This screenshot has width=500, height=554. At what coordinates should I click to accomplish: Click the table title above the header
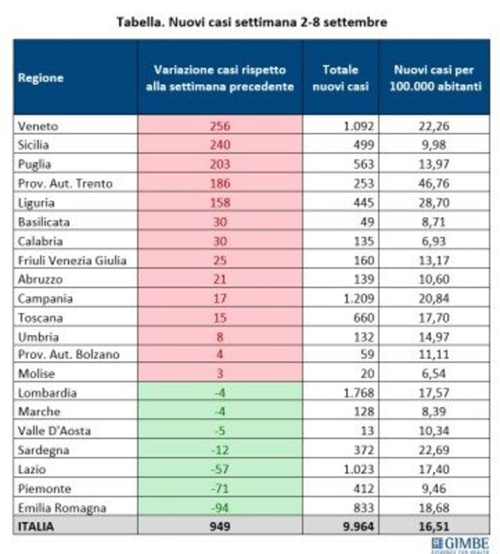coord(252,22)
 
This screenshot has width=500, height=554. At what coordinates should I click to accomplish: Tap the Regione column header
coord(40,78)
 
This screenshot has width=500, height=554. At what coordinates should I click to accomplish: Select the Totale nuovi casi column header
coord(340,78)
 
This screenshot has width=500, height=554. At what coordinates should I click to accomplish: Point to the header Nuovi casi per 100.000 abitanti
coord(435,78)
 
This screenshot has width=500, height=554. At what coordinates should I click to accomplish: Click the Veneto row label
coord(38,126)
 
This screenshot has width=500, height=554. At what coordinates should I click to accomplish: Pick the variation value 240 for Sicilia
coord(220,145)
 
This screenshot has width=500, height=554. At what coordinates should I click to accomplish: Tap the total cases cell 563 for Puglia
coord(364,164)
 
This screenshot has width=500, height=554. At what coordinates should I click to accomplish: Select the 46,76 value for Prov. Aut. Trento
coord(434,183)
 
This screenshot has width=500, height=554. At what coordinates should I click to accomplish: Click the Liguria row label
coord(36,203)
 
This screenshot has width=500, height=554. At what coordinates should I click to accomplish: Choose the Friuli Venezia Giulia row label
coord(72,261)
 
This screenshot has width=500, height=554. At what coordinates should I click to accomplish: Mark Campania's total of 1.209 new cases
coord(359,299)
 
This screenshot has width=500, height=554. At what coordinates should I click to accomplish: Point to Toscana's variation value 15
coord(220,317)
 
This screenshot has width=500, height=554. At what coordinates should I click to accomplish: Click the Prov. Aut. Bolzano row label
coord(68,355)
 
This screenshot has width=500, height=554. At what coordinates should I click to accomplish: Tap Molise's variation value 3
coord(220,373)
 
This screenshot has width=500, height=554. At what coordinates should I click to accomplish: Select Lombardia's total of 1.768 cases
coord(359,392)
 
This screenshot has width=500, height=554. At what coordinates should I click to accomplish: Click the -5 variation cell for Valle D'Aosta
coord(220,431)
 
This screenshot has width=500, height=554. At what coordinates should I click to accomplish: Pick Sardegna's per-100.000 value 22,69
coord(434,450)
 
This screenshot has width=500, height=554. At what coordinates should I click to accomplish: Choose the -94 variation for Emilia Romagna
coord(220,508)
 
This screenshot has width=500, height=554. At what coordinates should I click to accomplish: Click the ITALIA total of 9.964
coord(359,527)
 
